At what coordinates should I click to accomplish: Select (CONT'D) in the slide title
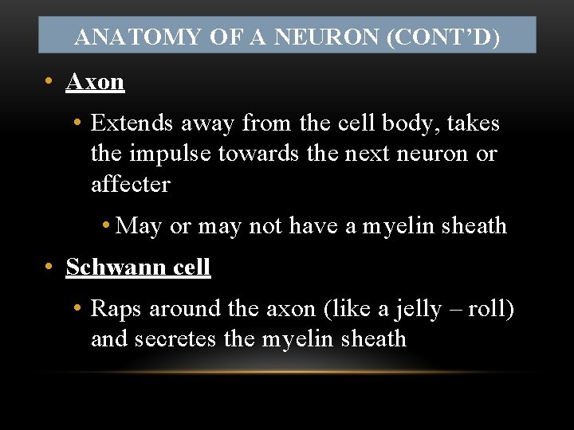click(x=443, y=37)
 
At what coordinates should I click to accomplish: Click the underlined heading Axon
click(x=95, y=81)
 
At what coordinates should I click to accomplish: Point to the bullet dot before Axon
click(x=49, y=81)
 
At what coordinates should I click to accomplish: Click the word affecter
click(x=131, y=184)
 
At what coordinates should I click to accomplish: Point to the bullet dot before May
click(x=106, y=226)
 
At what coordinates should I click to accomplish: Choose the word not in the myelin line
click(x=265, y=226)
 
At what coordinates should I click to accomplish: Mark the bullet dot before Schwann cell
click(x=49, y=267)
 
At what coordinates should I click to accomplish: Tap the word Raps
click(x=116, y=308)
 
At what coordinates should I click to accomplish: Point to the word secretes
click(x=176, y=338)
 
